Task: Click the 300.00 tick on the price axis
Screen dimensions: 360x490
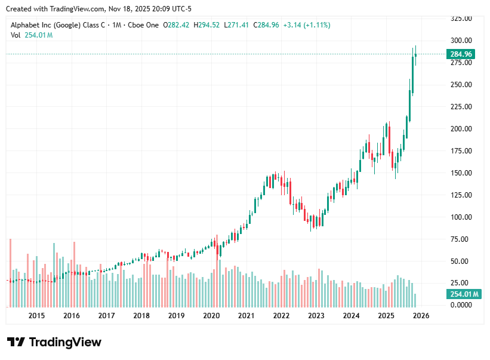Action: [461, 41]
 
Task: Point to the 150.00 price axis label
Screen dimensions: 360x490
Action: [461, 173]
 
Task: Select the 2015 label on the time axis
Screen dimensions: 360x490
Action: [36, 316]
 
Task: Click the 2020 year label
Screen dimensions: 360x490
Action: [211, 316]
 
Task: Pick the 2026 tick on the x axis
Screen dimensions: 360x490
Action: [421, 316]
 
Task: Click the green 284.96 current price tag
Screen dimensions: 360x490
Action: [461, 54]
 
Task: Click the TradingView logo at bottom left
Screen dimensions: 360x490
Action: [54, 342]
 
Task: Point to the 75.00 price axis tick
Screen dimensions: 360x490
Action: [461, 239]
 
